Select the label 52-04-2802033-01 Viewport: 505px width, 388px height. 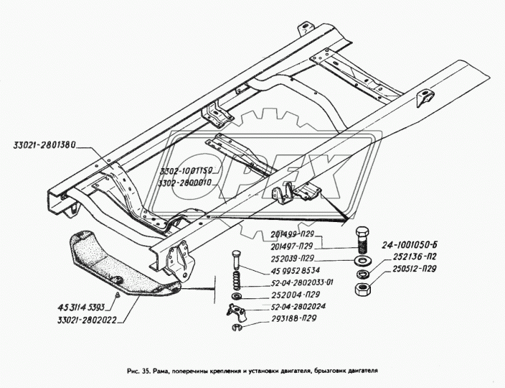[x=296, y=283]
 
